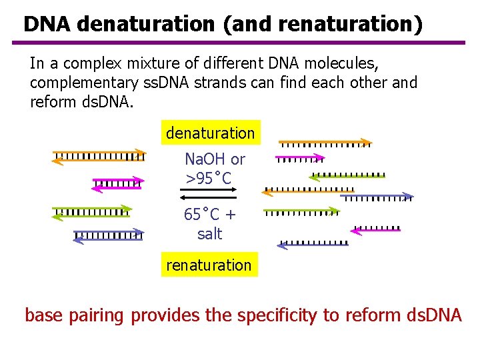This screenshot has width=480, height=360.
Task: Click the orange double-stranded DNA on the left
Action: click(99, 157)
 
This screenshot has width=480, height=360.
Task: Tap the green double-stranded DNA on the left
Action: click(91, 212)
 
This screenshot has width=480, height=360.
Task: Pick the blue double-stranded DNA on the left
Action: click(108, 235)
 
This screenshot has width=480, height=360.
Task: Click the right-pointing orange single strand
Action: click(325, 142)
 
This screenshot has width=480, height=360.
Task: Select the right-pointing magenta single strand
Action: click(299, 159)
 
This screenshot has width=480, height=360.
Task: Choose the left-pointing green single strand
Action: click(347, 176)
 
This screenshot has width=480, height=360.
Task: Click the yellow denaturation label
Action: click(210, 133)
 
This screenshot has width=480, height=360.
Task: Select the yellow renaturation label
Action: click(209, 265)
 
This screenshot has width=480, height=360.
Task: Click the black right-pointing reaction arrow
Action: click(209, 189)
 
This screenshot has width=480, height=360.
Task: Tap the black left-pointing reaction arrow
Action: click(209, 197)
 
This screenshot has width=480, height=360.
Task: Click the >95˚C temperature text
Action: click(209, 179)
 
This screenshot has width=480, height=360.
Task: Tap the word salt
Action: click(209, 234)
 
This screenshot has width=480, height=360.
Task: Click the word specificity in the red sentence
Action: click(275, 315)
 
